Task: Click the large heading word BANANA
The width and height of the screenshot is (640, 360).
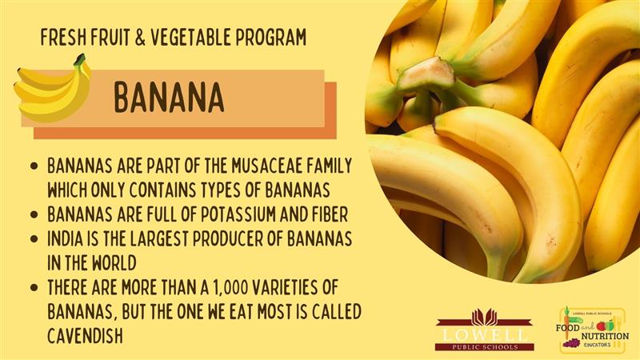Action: coord(169,98)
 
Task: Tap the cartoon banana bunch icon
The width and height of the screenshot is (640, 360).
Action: coord(52,89)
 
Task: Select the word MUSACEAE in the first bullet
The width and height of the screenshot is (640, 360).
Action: coord(266,166)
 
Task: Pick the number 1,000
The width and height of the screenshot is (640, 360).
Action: coord(230,288)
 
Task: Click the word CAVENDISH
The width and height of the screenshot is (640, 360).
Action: coord(85,336)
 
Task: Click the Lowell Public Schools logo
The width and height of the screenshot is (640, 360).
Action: coord(485,330)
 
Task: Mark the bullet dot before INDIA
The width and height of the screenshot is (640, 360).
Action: coord(34,239)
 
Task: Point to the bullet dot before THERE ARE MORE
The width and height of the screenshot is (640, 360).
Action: coord(34,288)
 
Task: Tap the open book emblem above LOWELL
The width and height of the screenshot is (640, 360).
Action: coord(485,317)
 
